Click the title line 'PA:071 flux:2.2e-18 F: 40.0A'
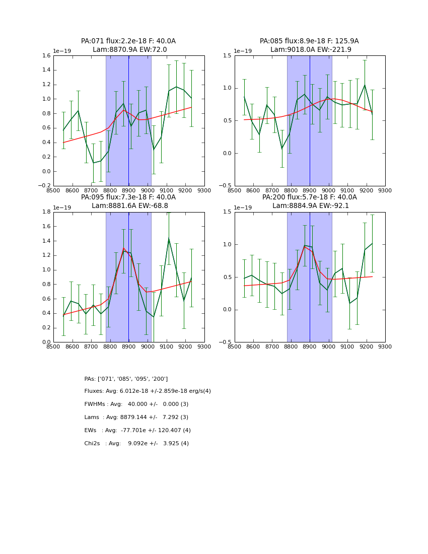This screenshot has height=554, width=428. [x=128, y=41]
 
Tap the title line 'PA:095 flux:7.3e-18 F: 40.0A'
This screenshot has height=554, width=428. [x=128, y=197]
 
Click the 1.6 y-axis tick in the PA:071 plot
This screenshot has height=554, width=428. [x=45, y=56]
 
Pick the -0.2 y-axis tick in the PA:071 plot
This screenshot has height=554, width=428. [x=44, y=186]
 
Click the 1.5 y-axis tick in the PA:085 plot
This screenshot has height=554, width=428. [x=227, y=56]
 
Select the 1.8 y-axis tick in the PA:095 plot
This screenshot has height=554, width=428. [x=45, y=212]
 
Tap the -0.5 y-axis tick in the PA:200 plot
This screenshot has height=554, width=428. [x=225, y=342]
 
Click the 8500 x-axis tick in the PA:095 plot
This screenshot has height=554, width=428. [x=53, y=347]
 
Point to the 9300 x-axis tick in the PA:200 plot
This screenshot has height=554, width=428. [x=385, y=347]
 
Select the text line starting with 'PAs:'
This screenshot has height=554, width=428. [x=126, y=379]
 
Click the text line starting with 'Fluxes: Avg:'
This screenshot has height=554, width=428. [x=148, y=391]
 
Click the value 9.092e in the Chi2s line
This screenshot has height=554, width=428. [x=140, y=444]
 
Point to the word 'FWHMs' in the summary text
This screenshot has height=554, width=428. [x=95, y=404]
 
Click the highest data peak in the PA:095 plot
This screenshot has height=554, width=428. [x=169, y=239]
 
